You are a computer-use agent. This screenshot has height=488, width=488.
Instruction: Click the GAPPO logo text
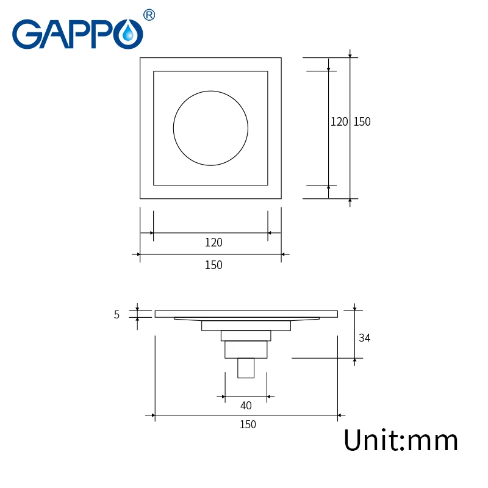[77, 34]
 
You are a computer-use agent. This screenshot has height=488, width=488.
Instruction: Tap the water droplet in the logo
[128, 34]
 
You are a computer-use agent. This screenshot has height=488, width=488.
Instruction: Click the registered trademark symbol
[149, 15]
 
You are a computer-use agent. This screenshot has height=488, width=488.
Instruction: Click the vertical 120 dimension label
[339, 121]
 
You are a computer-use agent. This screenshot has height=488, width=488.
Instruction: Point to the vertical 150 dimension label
[362, 121]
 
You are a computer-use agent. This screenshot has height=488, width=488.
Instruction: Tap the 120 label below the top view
[213, 242]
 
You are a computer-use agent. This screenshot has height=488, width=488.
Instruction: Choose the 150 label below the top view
[213, 265]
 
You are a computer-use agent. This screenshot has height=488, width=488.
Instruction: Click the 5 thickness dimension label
[117, 315]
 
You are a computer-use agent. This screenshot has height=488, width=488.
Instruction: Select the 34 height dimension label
[364, 338]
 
